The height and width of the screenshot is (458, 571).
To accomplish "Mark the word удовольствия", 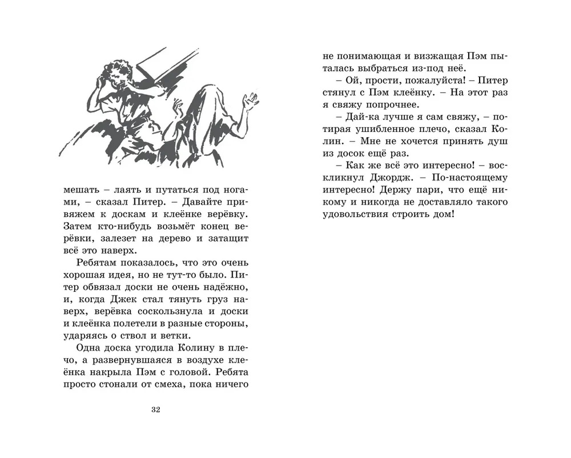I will tap(346, 215).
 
